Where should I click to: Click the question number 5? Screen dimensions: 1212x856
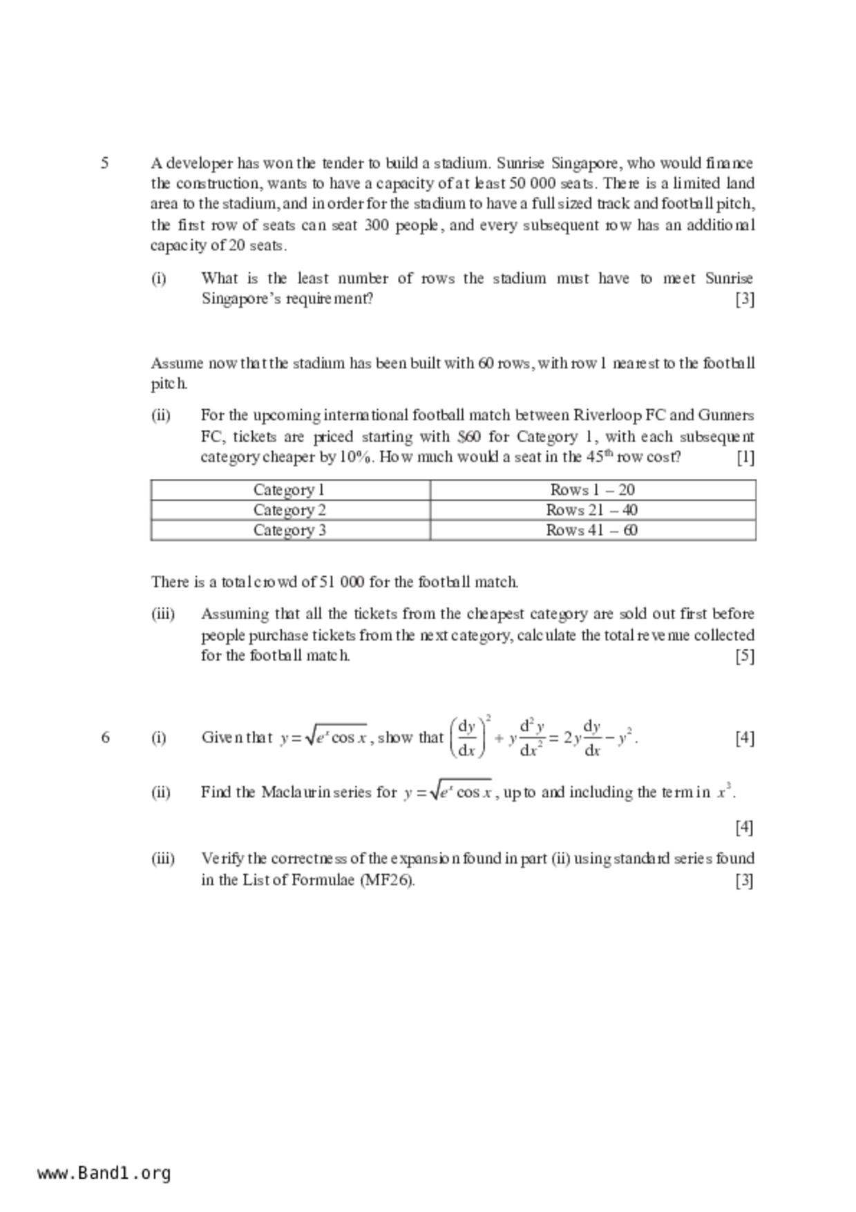click(x=104, y=163)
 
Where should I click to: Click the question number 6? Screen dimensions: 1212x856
click(x=105, y=737)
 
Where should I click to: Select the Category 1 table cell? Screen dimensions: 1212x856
click(x=289, y=490)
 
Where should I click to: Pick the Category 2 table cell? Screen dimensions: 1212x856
click(x=289, y=510)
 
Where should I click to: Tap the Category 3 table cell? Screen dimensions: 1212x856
click(x=289, y=530)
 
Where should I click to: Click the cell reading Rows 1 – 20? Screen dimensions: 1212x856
click(x=592, y=490)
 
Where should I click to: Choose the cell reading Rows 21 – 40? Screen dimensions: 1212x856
click(x=592, y=510)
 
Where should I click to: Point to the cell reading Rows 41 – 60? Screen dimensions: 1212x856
click(x=592, y=530)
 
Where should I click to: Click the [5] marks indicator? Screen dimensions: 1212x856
click(x=744, y=655)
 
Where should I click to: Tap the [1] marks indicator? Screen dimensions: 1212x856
click(x=745, y=457)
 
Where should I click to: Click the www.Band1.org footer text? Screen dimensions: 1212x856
click(x=104, y=1173)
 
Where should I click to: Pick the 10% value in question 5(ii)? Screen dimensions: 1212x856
click(x=356, y=457)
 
